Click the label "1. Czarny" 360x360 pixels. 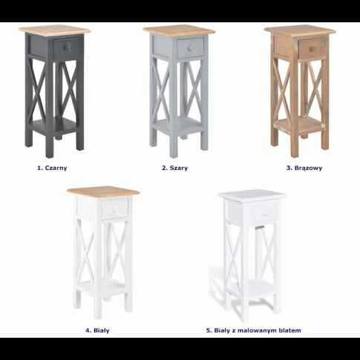click(52, 168)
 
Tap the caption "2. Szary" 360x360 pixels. click(174, 168)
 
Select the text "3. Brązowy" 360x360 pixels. click(304, 168)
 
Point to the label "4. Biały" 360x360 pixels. click(97, 330)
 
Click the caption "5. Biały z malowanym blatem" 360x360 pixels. click(253, 330)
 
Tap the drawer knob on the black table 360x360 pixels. click(68, 48)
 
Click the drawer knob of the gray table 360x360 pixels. click(191, 48)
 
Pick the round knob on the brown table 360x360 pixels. click(312, 48)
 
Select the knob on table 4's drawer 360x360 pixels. click(115, 209)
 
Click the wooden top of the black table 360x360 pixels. click(55, 30)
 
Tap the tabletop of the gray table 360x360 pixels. click(179, 30)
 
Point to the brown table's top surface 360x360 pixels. click(300, 31)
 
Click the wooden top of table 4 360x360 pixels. click(103, 192)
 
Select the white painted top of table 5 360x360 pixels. click(252, 194)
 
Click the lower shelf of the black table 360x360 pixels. click(54, 125)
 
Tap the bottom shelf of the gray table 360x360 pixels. click(178, 125)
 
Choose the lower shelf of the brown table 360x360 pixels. click(300, 125)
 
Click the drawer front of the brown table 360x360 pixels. click(312, 48)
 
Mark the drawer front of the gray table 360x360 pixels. click(190, 48)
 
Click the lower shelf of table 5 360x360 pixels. click(252, 289)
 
